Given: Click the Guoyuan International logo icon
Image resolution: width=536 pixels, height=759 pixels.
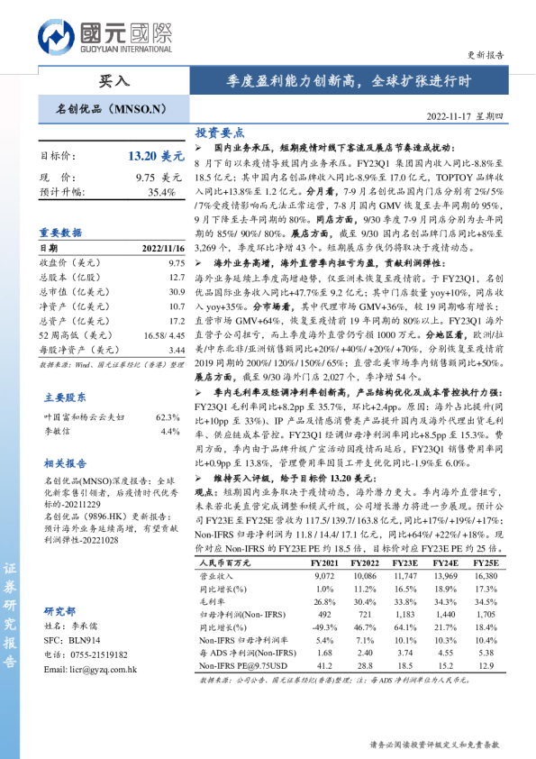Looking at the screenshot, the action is coord(57,38).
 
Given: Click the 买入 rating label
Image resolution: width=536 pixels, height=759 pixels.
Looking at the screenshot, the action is coord(113,80).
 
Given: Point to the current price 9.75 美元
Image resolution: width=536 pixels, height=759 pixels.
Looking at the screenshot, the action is coord(157,178).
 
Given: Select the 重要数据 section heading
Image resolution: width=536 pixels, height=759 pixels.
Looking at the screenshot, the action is coord(60,233).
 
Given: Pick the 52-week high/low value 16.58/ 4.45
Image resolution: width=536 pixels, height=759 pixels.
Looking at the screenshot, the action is coord(161,334).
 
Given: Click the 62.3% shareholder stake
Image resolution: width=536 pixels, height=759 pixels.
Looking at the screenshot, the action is coord(168,417).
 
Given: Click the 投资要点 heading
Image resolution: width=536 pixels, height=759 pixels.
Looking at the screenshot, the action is coord(220,133).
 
